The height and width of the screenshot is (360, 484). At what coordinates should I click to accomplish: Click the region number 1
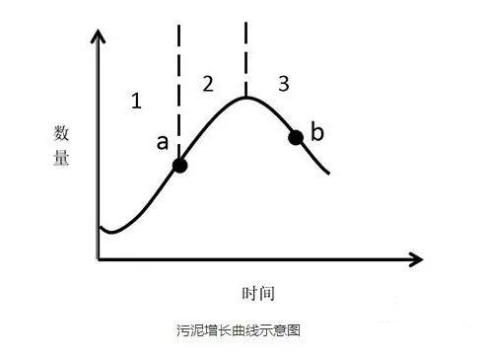(x=136, y=100)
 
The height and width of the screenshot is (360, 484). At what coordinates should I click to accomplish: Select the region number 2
(x=207, y=83)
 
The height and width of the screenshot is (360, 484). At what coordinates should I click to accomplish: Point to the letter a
(x=162, y=142)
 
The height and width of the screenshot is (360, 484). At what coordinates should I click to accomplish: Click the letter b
(x=317, y=131)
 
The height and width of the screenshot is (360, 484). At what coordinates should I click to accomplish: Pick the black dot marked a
(x=178, y=165)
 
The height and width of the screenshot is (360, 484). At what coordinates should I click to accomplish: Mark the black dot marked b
(x=296, y=136)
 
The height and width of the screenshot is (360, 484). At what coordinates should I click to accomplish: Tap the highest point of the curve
(x=246, y=96)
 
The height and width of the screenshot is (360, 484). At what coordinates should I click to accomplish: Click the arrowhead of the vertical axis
(x=98, y=37)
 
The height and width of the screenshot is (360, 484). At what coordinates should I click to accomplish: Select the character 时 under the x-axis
(x=249, y=294)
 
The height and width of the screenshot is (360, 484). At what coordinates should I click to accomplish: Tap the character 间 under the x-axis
(x=266, y=294)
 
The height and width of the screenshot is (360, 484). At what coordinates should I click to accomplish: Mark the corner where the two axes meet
(x=99, y=260)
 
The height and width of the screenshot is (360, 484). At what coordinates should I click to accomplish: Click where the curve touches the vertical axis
(x=100, y=228)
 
